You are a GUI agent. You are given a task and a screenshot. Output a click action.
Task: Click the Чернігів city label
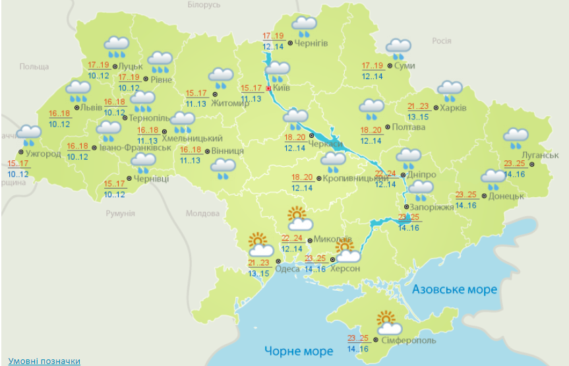(311, 44)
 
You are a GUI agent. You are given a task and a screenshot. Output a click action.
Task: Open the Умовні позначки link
(44, 361)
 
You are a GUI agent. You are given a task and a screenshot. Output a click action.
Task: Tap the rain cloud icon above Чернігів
(305, 26)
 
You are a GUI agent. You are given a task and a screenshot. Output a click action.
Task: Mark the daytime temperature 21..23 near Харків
(418, 107)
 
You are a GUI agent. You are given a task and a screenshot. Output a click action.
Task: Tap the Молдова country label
(202, 214)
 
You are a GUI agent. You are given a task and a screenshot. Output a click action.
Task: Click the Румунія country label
(121, 214)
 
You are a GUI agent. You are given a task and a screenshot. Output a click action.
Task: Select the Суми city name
(405, 65)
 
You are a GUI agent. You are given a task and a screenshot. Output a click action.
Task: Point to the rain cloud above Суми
(398, 48)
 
